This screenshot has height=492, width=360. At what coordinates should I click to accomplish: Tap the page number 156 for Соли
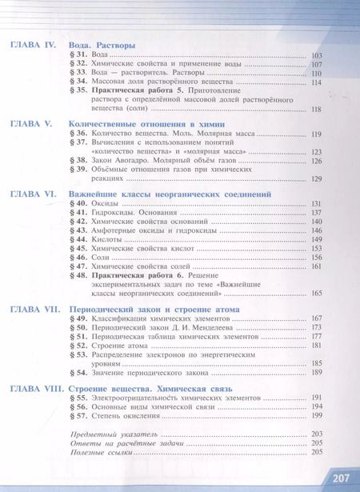315,258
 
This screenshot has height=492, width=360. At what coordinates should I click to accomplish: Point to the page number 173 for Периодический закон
315,327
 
